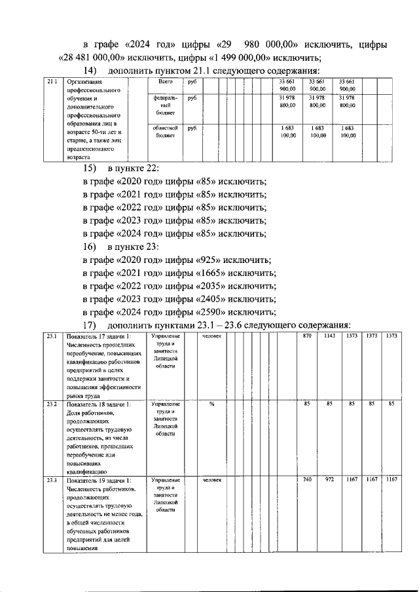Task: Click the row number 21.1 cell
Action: pos(52,82)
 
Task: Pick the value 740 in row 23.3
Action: pos(308,481)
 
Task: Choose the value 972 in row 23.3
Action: pos(329,481)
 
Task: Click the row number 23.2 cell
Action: pos(52,404)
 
